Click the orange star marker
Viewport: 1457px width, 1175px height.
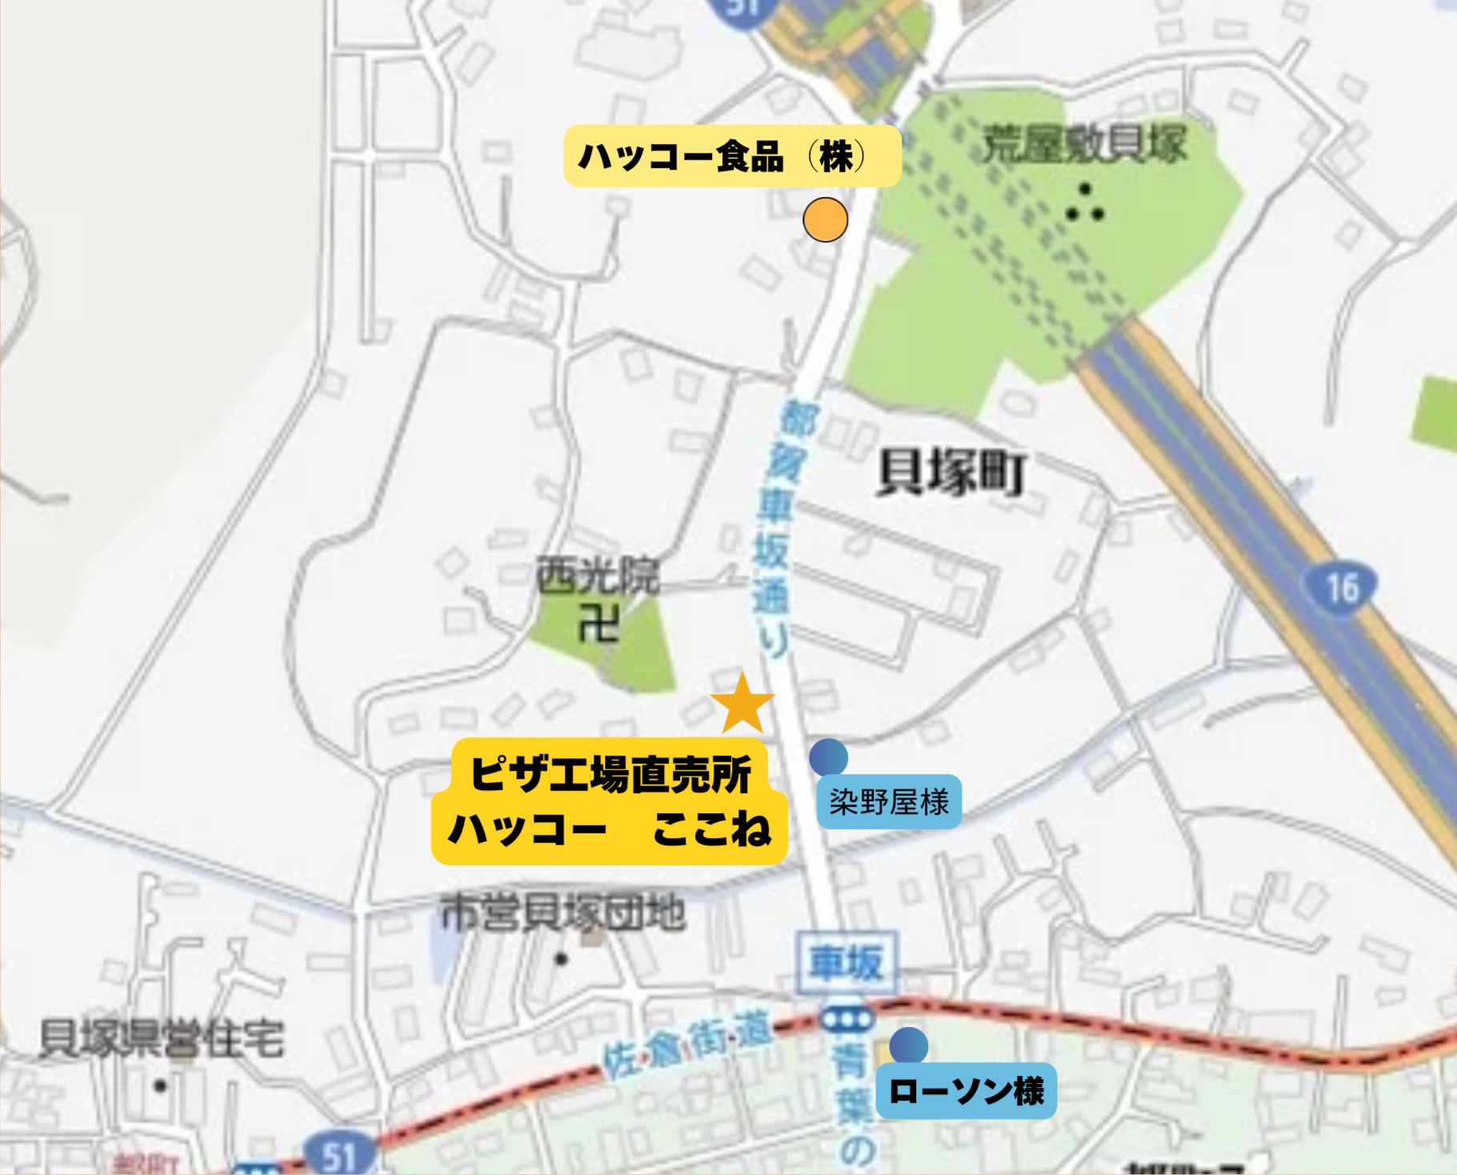(743, 704)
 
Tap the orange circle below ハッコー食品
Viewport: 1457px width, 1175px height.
(825, 219)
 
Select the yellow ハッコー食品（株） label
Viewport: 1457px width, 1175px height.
(732, 156)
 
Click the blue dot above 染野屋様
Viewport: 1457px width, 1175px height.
(828, 756)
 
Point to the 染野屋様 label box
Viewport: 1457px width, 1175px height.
(889, 801)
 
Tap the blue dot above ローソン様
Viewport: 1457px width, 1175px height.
(908, 1045)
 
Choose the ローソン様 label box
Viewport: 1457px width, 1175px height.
(966, 1090)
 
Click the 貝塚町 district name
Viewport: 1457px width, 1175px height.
(951, 473)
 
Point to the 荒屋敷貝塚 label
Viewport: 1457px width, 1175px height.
(1083, 145)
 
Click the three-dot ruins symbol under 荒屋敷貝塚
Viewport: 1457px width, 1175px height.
(1085, 205)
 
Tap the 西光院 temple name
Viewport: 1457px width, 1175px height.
(598, 575)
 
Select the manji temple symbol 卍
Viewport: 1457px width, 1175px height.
(598, 624)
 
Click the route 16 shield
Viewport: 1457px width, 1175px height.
(1342, 588)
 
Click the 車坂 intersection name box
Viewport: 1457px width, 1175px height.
(847, 962)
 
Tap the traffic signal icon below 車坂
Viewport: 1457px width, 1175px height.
(847, 1020)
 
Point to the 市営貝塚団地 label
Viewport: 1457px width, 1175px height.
(562, 912)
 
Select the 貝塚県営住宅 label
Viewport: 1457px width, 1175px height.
(162, 1039)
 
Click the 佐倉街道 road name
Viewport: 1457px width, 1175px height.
(687, 1042)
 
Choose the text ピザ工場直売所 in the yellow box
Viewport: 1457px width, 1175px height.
(610, 774)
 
